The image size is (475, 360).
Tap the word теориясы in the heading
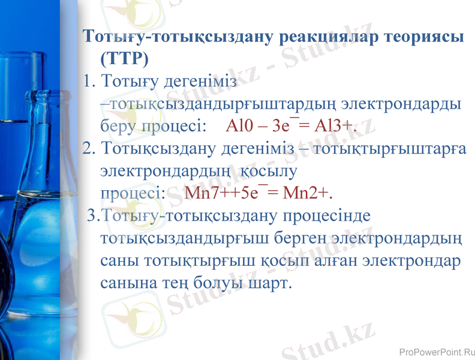422,37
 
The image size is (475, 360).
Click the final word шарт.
276,282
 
